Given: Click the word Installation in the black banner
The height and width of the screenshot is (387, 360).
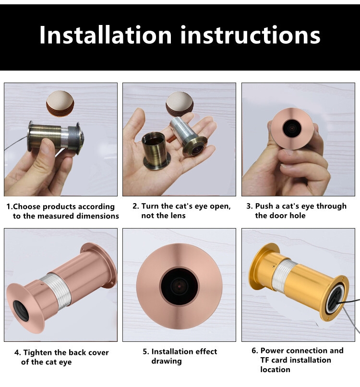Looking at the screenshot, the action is coord(106,35).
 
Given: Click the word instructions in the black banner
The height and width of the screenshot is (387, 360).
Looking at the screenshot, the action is coord(250,35).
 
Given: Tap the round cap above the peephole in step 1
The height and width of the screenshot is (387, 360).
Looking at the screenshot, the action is coord(60,104).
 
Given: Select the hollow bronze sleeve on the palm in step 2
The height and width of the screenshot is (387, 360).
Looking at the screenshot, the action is coord(156,151).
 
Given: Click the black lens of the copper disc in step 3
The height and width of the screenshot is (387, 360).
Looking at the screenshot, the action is coord(292,128).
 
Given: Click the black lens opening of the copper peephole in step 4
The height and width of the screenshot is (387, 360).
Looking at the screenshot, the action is coord(21,311).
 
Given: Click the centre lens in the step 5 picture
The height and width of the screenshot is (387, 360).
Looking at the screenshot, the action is coord(179,286).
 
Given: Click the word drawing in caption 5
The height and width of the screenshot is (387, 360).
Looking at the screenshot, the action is coord(167,361).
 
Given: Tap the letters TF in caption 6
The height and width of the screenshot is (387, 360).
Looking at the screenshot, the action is coord(265,360).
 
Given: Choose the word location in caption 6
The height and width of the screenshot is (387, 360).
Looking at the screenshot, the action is coord(275,370).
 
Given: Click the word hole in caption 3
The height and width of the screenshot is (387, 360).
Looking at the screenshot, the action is coord(297,216).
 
